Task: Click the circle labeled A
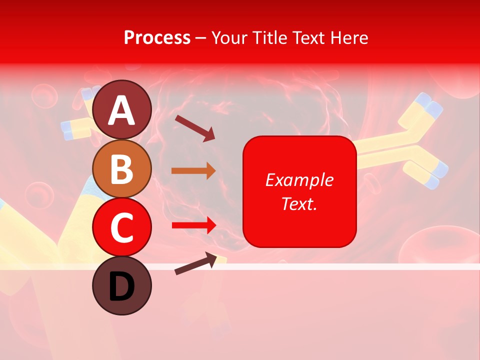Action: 122,109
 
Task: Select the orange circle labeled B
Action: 122,168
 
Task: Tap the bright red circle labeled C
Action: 122,227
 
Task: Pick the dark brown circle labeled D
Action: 122,285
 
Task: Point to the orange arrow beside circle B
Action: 193,171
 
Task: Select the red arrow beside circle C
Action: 193,225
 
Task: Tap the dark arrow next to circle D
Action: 195,264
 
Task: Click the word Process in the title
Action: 157,37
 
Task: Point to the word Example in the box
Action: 299,180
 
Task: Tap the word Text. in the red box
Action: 299,203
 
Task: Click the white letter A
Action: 122,110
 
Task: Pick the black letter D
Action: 122,286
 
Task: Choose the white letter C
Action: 122,228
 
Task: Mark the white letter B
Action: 122,169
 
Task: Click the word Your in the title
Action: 230,37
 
